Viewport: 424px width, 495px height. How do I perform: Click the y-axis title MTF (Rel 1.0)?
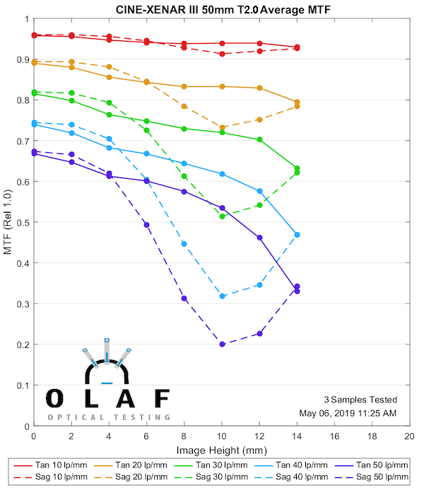pyautogui.click(x=8, y=223)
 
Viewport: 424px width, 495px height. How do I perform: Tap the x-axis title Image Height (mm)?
pyautogui.click(x=221, y=450)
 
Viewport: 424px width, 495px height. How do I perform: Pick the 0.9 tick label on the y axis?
pyautogui.click(x=22, y=59)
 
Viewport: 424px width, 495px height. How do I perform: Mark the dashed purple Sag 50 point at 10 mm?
pyautogui.click(x=222, y=344)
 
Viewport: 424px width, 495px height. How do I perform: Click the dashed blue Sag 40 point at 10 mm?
pyautogui.click(x=222, y=296)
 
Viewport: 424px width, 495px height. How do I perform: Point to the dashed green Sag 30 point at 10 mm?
pyautogui.click(x=222, y=216)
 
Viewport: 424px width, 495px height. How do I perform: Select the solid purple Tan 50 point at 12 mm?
pyautogui.click(x=259, y=238)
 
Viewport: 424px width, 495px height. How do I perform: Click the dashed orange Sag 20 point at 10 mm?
pyautogui.click(x=222, y=127)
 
